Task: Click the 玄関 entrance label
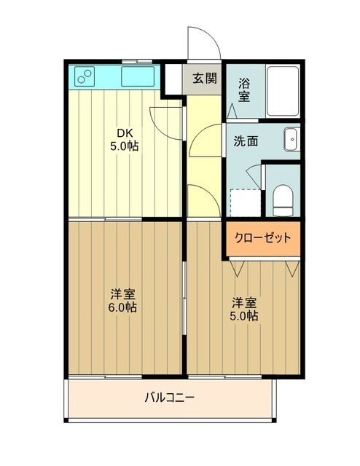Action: (x=204, y=78)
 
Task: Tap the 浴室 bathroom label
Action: (x=243, y=90)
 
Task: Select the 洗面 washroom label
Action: (x=245, y=141)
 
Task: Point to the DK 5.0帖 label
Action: (x=124, y=139)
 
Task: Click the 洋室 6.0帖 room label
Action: (x=123, y=301)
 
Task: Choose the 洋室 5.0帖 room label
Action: (x=245, y=309)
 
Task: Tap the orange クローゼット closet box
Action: (x=262, y=238)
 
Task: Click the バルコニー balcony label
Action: (x=169, y=398)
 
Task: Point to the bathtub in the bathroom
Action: (x=282, y=90)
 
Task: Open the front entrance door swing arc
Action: (x=203, y=44)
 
